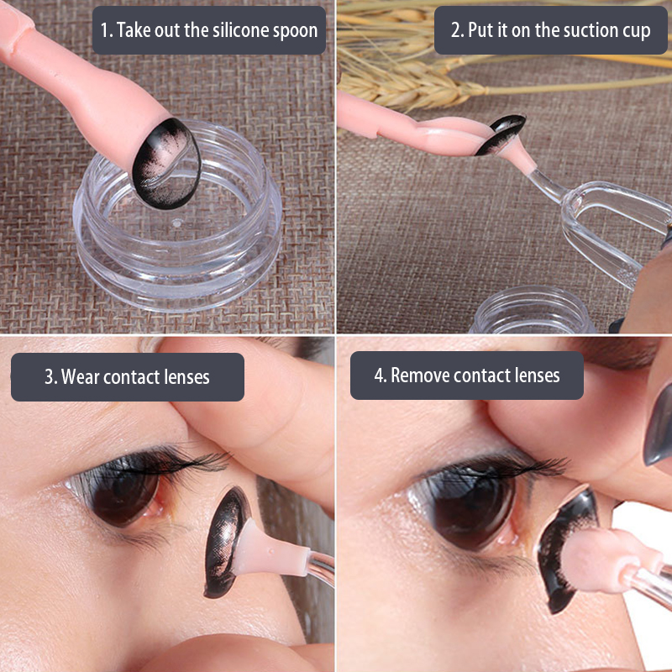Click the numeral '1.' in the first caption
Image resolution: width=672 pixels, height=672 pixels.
107,30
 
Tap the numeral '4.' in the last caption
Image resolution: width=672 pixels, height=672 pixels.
381,375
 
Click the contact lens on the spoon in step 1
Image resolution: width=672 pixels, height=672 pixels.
166,163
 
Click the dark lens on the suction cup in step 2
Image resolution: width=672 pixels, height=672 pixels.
501,134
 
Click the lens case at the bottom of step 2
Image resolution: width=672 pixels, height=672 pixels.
532,310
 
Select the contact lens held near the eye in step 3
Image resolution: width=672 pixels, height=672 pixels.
225,542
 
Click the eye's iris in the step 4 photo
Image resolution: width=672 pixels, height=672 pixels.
474,508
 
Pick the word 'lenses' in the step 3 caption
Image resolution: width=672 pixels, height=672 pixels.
186,376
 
